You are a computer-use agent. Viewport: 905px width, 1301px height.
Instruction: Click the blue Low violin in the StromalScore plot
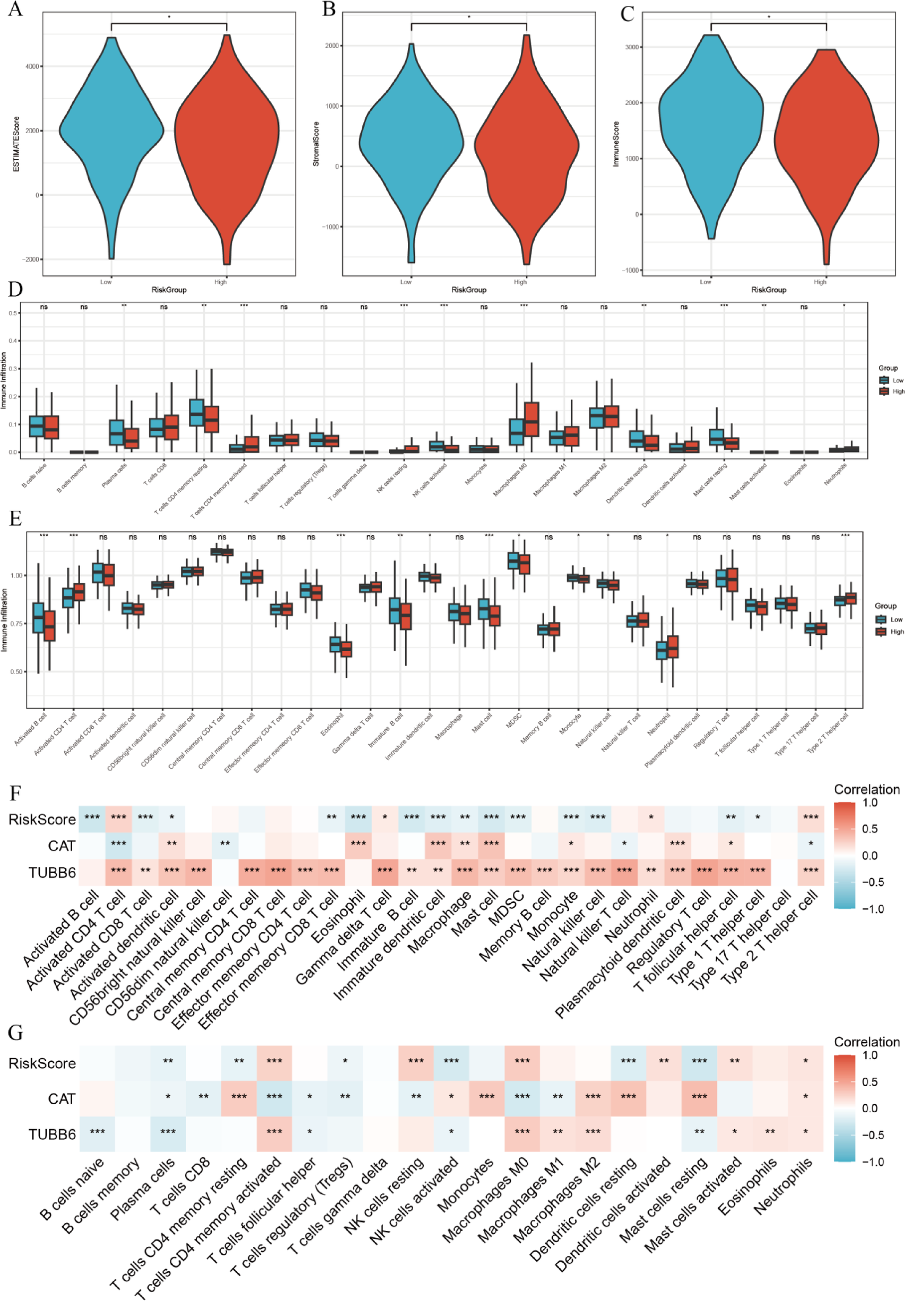pos(411,142)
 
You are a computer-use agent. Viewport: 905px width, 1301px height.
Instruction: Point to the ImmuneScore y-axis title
pos(616,144)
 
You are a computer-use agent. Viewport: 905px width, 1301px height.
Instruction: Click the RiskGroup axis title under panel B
pos(468,290)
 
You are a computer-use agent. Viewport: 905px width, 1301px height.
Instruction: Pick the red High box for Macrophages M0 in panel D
pos(532,419)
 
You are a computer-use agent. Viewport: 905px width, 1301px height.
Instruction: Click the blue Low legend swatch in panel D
pos(883,380)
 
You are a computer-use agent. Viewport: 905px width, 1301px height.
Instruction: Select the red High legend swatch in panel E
pos(881,631)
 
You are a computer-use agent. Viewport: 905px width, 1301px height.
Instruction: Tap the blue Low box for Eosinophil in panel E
pos(335,644)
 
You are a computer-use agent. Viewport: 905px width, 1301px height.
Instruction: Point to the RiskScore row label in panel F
pos(42,819)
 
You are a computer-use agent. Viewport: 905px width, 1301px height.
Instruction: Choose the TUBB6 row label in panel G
pos(52,1134)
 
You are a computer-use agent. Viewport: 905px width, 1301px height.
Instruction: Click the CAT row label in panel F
pos(62,846)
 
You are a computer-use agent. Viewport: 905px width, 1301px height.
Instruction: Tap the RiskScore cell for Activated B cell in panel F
pos(92,818)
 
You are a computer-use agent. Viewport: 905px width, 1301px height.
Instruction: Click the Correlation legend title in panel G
pos(866,1042)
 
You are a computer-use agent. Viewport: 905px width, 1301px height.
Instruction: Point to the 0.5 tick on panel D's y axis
pos(13,313)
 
